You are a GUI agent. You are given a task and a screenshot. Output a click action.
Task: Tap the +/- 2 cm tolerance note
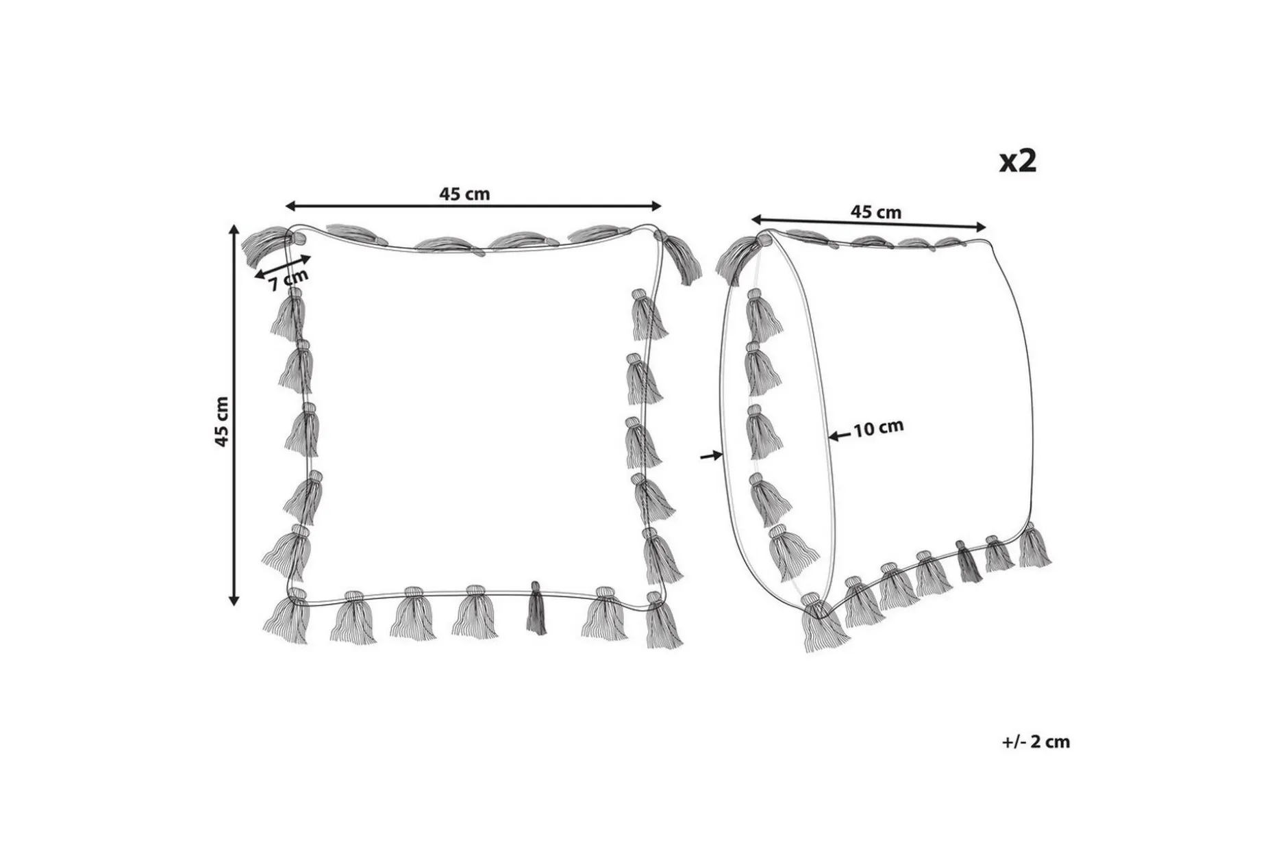click(1036, 742)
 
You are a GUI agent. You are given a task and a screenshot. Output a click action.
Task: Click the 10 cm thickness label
click(879, 429)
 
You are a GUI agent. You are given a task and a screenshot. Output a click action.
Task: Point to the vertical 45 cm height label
click(221, 422)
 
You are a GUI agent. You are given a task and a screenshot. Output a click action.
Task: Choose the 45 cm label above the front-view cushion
click(464, 194)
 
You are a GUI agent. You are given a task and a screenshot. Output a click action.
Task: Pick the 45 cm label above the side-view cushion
click(875, 212)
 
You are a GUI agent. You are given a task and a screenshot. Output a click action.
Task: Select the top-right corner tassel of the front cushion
click(679, 257)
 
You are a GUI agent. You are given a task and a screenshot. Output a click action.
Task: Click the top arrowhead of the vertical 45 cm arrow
click(234, 230)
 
